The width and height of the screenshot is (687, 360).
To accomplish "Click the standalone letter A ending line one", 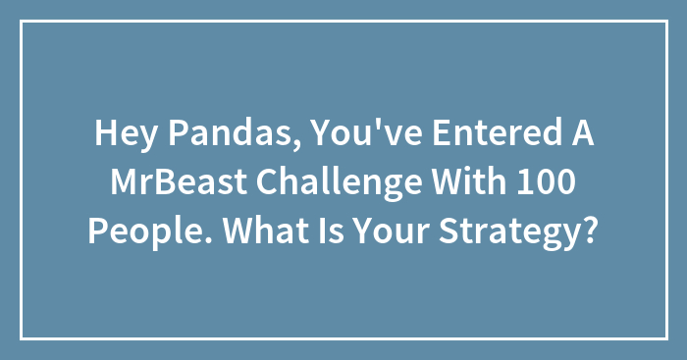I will click(x=580, y=137).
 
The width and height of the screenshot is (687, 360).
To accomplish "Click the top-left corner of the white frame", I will click(x=22, y=22).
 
